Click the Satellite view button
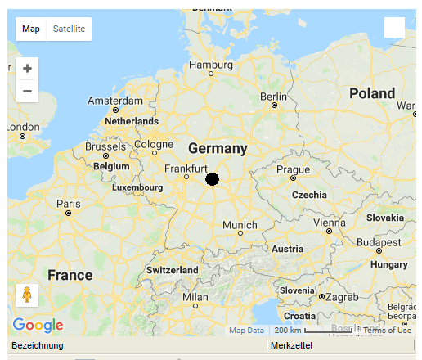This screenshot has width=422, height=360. click(x=69, y=29)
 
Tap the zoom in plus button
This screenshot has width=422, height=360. click(x=27, y=68)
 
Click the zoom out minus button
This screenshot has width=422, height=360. click(x=27, y=91)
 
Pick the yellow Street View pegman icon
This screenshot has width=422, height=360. click(x=27, y=295)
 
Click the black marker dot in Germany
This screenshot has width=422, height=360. click(x=212, y=179)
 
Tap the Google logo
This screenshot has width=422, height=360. click(x=38, y=325)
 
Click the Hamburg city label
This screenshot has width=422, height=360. click(x=211, y=65)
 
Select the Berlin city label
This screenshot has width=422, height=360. click(x=273, y=97)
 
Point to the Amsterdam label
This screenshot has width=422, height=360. click(x=115, y=101)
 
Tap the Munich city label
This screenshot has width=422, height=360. click(x=240, y=225)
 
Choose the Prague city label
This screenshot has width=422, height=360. click(x=293, y=169)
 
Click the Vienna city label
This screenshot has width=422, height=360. click(x=329, y=223)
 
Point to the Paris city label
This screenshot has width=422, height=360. click(x=68, y=204)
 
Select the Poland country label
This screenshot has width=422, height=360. click(x=372, y=93)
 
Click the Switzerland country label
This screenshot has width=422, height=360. click(x=172, y=270)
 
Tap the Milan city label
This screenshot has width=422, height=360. click(x=195, y=296)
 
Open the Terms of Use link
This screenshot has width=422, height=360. click(x=387, y=330)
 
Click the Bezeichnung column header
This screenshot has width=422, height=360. click(x=37, y=346)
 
